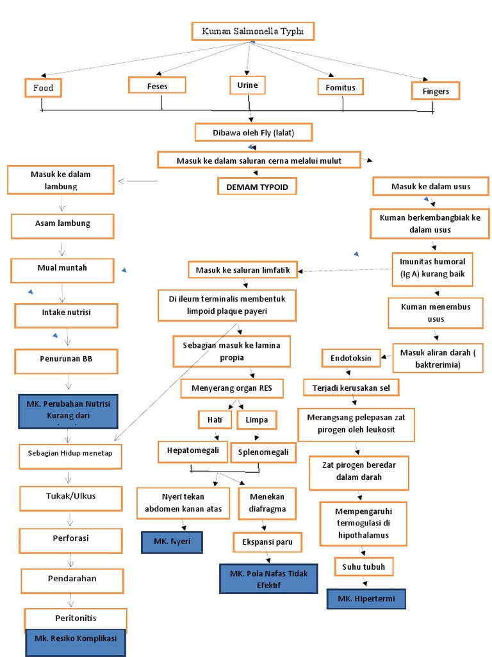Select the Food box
44,87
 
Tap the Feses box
157,85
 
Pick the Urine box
247,85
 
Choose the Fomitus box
340,87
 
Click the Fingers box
436,91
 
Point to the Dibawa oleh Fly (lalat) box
254,132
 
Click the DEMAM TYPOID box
258,187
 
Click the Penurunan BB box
67,361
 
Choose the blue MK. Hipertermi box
366,599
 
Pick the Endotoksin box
350,358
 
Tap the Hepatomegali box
193,451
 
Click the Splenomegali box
263,452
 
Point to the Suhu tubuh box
363,567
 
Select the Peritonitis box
76,619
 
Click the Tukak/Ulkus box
70,497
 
